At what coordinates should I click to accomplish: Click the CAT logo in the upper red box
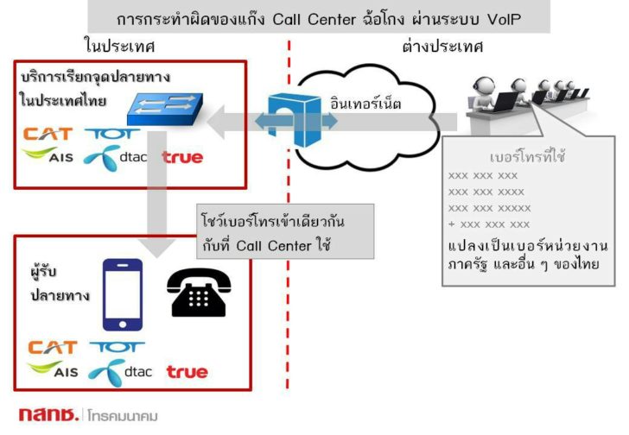tap(48, 134)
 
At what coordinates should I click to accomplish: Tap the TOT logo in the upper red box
tap(108, 134)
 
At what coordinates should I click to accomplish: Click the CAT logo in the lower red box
tap(53, 348)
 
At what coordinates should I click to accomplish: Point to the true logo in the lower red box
tap(187, 372)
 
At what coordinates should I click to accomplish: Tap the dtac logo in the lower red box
tap(120, 372)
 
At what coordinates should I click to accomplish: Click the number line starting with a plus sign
tap(489, 224)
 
